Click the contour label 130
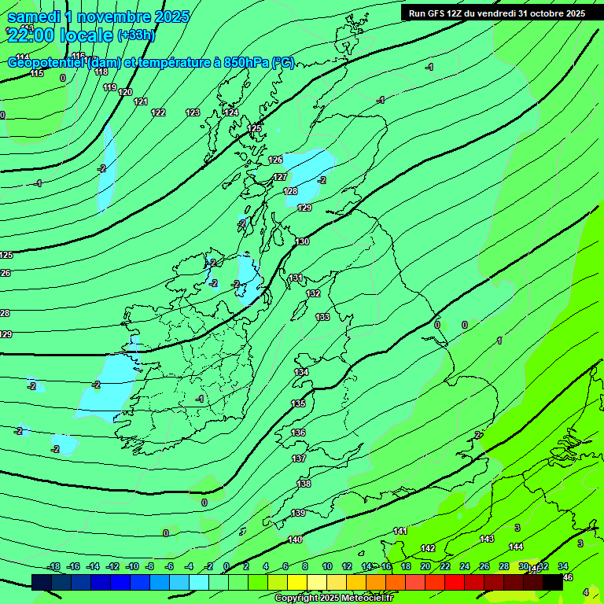(303, 241)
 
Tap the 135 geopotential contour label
(299, 403)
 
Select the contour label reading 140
(295, 540)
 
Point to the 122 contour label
(158, 112)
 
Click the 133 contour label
(322, 317)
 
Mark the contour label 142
(428, 548)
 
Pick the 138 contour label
(304, 484)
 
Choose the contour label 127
(280, 177)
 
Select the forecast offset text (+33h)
(136, 35)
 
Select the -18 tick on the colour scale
(53, 566)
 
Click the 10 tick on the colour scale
(327, 566)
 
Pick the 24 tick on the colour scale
(465, 566)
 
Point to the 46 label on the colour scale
(568, 578)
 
